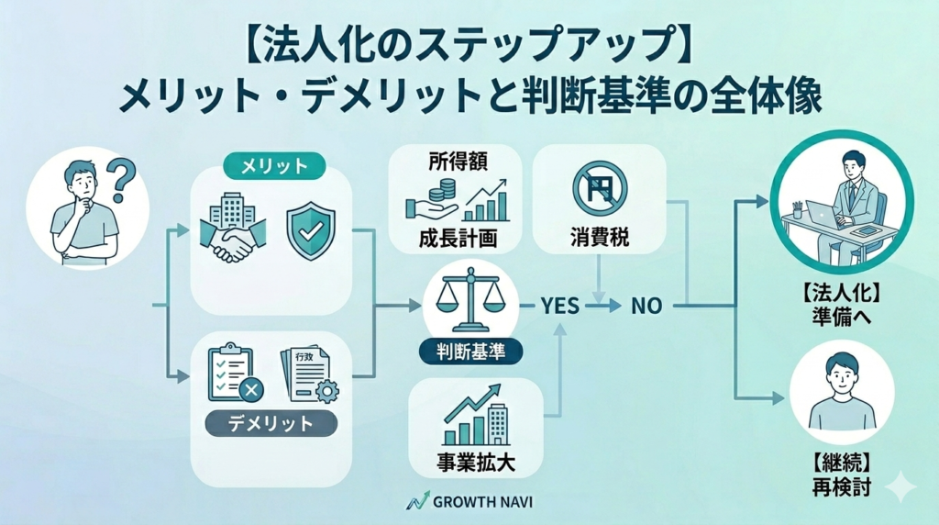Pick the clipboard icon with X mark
click(x=235, y=373)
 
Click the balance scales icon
click(x=469, y=300)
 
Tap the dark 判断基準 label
click(x=469, y=352)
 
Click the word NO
click(x=646, y=306)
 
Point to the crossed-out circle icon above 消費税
click(x=598, y=188)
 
